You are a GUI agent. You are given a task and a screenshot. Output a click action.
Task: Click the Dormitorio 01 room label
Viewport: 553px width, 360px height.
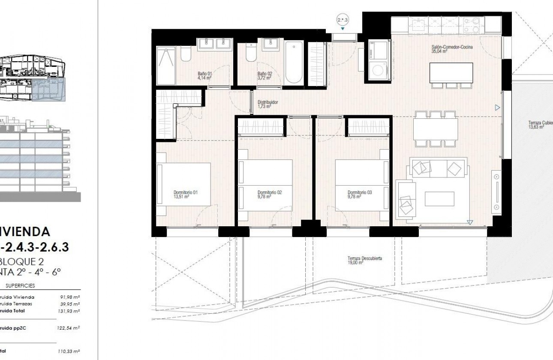click(185, 195)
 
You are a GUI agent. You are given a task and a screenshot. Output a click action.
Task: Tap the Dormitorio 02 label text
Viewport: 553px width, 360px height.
click(269, 195)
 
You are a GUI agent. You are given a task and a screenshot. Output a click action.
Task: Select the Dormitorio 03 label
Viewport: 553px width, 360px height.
click(359, 195)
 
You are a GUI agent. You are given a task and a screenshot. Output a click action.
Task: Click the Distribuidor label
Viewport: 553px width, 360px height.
click(267, 104)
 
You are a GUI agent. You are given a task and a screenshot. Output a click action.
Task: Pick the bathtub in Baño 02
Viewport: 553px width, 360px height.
click(294, 63)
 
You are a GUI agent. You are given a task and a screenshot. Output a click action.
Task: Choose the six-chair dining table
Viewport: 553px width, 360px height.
click(435, 129)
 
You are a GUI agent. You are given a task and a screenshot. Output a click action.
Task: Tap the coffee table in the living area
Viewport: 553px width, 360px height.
click(439, 198)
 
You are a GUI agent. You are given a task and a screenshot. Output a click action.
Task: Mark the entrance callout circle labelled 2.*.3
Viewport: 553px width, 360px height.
click(343, 19)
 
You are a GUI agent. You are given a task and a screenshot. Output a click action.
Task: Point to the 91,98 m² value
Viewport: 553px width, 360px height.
click(69, 297)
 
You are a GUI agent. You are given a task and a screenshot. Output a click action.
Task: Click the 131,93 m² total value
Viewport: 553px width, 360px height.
click(69, 311)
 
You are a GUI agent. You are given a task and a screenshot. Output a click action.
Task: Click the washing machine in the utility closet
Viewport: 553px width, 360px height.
click(378, 70)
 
